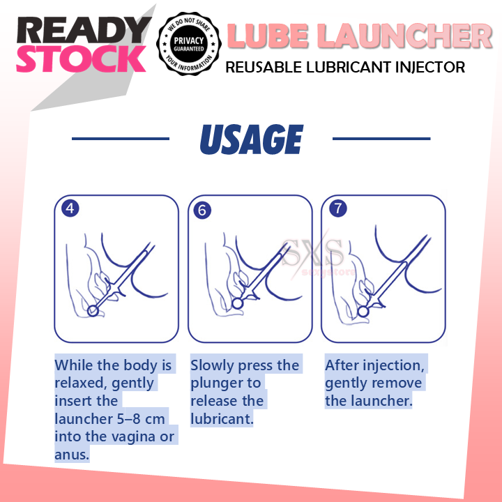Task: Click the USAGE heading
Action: coord(251,139)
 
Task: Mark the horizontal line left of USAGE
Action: coord(120,138)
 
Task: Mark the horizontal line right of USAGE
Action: coord(381,138)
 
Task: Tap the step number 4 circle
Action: coord(70,208)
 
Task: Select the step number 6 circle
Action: coord(202,210)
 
